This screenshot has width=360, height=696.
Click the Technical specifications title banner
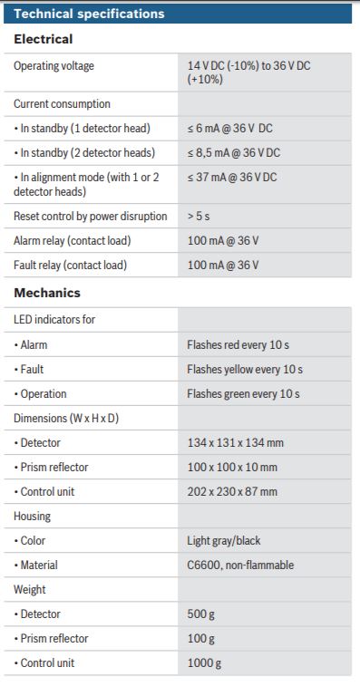pos(90,14)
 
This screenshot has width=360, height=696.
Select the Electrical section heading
pos(44,40)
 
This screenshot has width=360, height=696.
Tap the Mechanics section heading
pos(47,293)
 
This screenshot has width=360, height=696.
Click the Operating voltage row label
pos(54,66)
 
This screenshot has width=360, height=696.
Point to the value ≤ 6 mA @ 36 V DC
pos(232,128)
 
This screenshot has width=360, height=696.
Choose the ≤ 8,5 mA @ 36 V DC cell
pos(233,152)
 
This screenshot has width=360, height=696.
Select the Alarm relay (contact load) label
pos(72,240)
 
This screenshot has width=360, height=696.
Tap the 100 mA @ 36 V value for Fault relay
pos(223,265)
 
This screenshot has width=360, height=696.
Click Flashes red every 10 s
pos(238,345)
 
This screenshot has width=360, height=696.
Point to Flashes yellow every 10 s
pos(245,370)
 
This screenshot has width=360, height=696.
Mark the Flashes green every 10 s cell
pos(243,394)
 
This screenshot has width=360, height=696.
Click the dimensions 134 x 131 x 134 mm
pos(235,443)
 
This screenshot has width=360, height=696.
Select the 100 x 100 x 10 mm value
pos(232,468)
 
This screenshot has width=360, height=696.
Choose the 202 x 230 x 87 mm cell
pos(232,492)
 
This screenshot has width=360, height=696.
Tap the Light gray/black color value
pos(223,541)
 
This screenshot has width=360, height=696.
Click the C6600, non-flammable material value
pos(240,565)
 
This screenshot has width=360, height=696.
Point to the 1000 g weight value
pos(204,663)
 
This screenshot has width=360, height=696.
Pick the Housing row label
pos(32,517)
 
